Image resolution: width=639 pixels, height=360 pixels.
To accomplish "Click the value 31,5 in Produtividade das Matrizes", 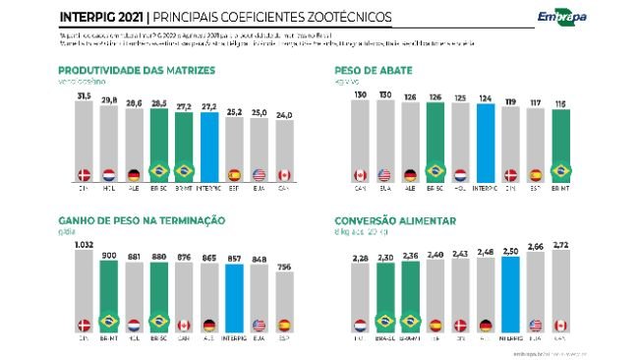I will click(x=84, y=96).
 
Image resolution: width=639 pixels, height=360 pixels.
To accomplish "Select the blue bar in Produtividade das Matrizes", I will click(x=208, y=143).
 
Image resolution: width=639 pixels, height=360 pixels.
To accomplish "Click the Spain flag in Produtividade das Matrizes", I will click(x=234, y=175).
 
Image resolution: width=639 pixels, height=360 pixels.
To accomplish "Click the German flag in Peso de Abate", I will click(x=411, y=175).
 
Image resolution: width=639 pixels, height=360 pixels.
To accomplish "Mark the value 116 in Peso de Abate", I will click(x=559, y=103).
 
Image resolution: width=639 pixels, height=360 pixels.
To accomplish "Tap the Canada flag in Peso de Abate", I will click(x=361, y=175).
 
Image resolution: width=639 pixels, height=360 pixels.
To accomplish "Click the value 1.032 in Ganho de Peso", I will click(x=84, y=244).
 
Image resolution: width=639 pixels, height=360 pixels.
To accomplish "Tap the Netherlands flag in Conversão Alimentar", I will click(x=361, y=322).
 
